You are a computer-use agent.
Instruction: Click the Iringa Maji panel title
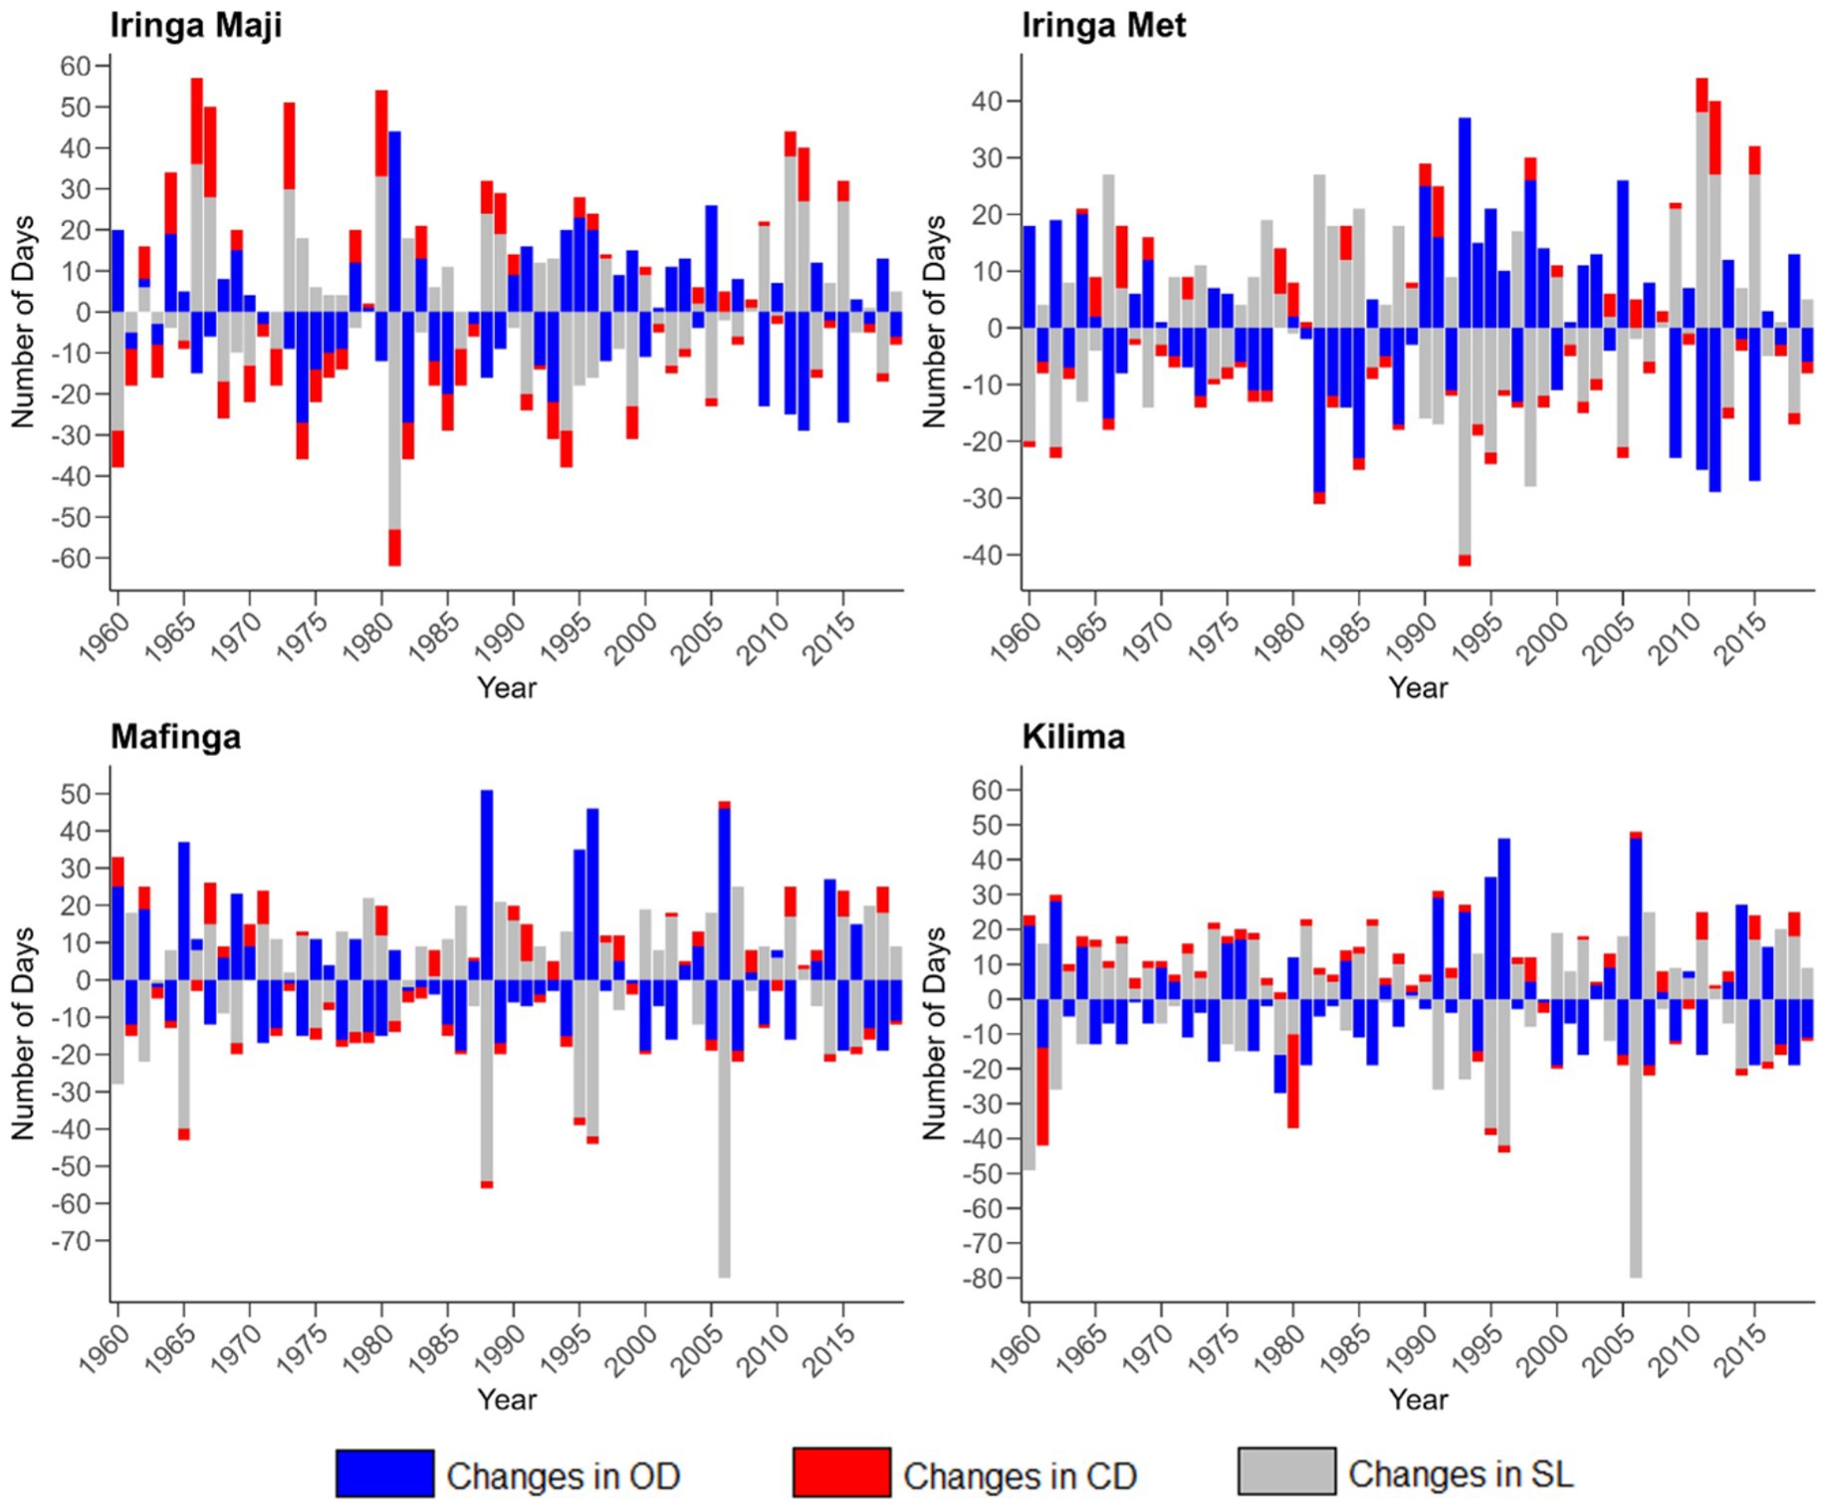tap(196, 25)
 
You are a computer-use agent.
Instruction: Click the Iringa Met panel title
tap(1103, 25)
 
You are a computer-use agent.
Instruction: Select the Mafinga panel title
tap(175, 737)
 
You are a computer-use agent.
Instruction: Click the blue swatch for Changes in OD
tap(384, 1473)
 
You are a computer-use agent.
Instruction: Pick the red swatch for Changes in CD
tap(841, 1473)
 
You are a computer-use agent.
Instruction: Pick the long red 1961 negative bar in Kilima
tap(1042, 1096)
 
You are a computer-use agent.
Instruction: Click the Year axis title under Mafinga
tap(506, 1399)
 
